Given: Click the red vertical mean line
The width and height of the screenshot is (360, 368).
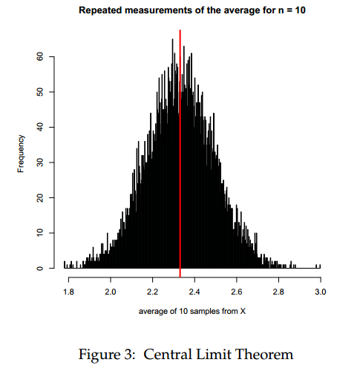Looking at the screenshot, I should coord(180,148).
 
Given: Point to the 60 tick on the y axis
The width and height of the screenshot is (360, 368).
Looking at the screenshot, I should coord(42,56).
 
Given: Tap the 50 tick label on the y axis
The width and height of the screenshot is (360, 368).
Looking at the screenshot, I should coord(42,92).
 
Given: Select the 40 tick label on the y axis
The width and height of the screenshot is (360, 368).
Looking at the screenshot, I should coord(42,127).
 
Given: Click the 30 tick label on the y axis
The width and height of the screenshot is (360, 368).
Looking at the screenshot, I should coord(42,162).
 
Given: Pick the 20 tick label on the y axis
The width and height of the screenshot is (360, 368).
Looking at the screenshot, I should coord(42,197).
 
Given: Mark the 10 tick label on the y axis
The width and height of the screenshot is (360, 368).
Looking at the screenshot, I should coord(42,233).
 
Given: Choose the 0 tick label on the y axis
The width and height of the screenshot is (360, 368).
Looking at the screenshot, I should coord(42,268).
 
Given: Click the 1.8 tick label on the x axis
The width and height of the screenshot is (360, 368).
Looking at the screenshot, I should coord(68,293).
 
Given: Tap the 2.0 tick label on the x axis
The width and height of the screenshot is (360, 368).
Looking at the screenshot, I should coord(111,293).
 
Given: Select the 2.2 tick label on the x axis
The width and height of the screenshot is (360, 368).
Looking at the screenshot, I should coord(152,293).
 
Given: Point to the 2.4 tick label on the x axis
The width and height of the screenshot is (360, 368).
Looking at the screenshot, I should coord(194,293).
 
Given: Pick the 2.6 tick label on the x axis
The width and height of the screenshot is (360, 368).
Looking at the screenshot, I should coord(236,293).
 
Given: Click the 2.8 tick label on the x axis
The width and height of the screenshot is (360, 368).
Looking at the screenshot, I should coord(278,293).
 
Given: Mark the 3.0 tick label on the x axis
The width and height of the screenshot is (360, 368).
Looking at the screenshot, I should coord(320,293).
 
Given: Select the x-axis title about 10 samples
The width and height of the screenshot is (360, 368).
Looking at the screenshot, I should coord(192,311).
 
